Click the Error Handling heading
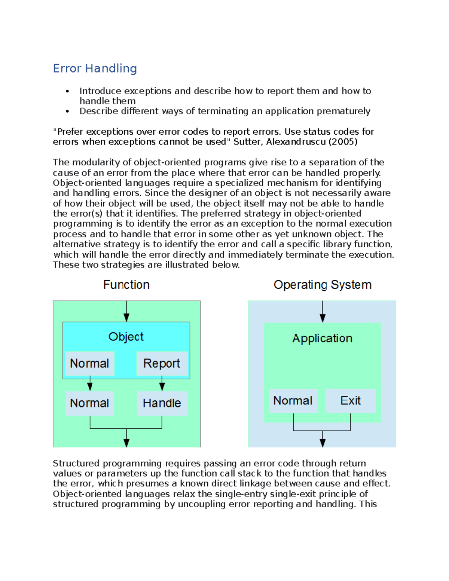(95, 68)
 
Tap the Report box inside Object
(162, 363)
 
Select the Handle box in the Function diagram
(162, 403)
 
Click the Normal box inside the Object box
(89, 363)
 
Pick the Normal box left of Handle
(89, 403)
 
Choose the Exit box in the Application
(350, 401)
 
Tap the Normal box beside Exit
(293, 401)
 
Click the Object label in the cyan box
(126, 337)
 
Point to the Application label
(322, 338)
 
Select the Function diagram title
(126, 285)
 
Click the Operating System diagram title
(323, 285)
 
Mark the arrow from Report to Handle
(162, 385)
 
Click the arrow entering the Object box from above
(126, 312)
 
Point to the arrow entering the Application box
(323, 312)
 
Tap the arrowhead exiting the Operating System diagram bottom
(323, 443)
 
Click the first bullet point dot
(67, 91)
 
